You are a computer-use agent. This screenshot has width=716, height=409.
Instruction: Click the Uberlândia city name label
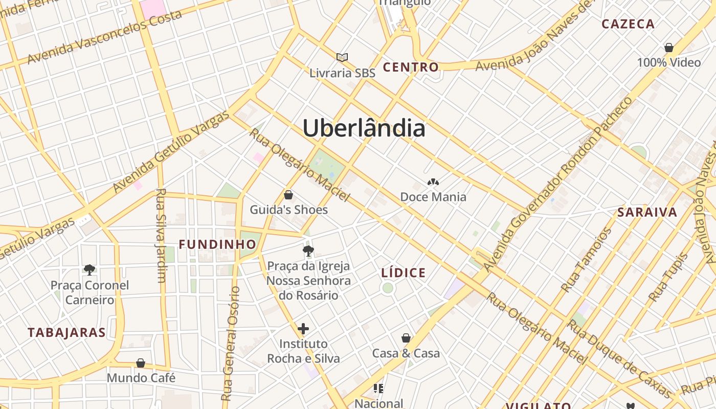(x=364, y=128)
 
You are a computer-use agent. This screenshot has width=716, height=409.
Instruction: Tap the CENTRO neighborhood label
(x=411, y=67)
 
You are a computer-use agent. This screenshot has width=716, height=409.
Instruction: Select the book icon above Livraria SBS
(x=342, y=57)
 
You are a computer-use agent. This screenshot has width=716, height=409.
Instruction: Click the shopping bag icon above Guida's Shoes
(x=288, y=195)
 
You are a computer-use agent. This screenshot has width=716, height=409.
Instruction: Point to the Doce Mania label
(x=433, y=197)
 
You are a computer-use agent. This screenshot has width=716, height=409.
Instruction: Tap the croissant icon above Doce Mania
(x=433, y=182)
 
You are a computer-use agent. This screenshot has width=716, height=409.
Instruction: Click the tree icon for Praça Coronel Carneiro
(x=89, y=269)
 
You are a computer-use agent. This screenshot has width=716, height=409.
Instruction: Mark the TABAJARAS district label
(x=66, y=332)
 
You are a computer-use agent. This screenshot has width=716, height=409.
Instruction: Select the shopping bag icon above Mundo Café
(x=141, y=363)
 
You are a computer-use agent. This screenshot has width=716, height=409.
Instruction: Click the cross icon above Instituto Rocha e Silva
(x=303, y=328)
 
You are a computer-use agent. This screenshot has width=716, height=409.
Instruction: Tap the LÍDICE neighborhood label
(x=404, y=273)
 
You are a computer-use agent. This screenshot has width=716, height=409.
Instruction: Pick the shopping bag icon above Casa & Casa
(x=406, y=338)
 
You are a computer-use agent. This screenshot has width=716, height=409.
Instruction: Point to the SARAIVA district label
(x=647, y=213)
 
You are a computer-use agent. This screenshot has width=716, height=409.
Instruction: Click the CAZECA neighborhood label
(x=628, y=24)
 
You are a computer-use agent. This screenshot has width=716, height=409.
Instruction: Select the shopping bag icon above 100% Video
(x=668, y=48)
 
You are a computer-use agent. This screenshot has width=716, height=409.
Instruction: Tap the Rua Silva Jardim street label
(x=161, y=235)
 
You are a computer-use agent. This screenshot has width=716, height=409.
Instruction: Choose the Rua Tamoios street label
(x=586, y=260)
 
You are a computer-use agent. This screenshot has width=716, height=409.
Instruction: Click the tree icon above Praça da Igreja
(x=308, y=251)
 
